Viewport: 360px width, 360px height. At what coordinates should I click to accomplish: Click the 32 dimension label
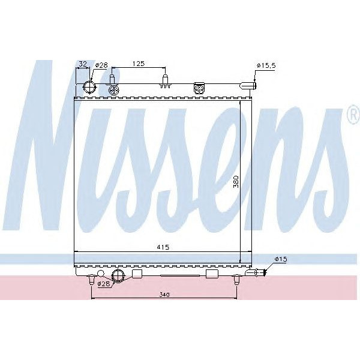coord(83,63)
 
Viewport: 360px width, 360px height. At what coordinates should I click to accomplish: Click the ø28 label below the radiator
coord(103,284)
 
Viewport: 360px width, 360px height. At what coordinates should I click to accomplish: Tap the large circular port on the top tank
coord(90,88)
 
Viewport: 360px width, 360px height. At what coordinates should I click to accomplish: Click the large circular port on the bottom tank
coord(118,276)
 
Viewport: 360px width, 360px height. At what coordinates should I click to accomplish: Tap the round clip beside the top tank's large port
coord(115,90)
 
